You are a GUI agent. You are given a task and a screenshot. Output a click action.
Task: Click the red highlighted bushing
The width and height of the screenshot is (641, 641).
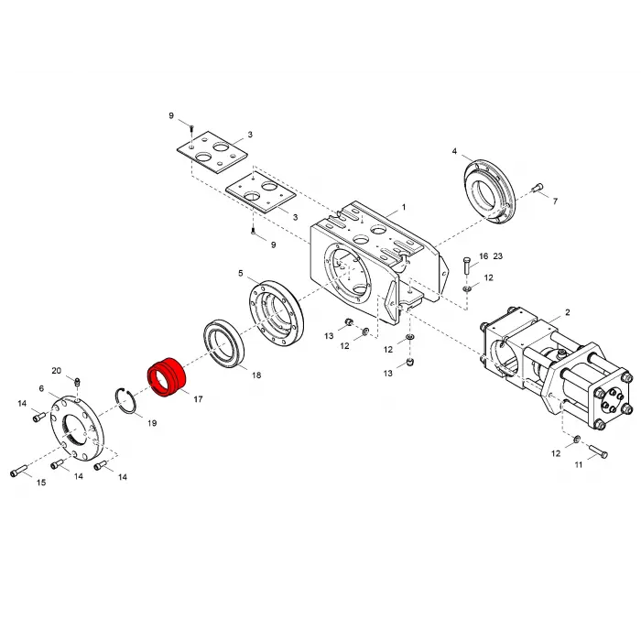point(167,377)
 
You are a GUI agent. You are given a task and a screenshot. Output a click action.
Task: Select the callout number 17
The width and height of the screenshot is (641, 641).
point(199,399)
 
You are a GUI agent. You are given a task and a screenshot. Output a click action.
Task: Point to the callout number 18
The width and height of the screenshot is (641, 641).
point(256,375)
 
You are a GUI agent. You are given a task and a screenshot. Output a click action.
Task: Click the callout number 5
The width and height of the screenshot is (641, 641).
point(241,273)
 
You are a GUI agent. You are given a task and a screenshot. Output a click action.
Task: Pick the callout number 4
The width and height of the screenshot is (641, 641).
point(454,151)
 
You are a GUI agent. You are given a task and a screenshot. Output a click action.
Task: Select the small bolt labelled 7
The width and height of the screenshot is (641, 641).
point(538,188)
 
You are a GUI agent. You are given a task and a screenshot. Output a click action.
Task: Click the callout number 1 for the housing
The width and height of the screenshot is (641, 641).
point(404,207)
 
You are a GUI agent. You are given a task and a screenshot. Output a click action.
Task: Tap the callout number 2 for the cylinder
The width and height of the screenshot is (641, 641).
point(568,312)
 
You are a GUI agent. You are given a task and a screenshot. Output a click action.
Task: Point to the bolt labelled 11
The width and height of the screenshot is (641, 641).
point(598,451)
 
